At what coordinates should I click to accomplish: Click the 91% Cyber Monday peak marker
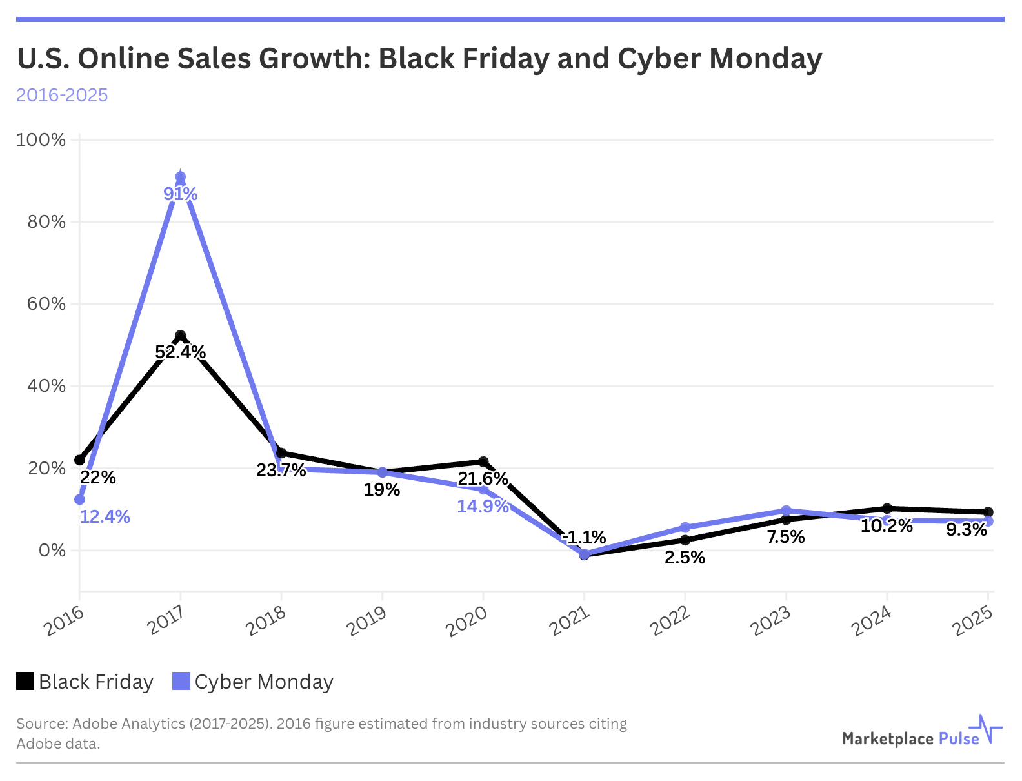tap(181, 177)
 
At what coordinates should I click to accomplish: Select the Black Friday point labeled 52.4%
tap(181, 335)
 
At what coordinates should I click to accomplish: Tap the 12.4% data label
tap(105, 516)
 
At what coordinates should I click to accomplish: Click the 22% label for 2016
tap(98, 478)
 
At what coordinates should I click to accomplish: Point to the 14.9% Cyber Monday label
tap(483, 506)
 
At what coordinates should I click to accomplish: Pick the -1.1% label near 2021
tap(585, 537)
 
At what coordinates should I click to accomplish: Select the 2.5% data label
tap(685, 557)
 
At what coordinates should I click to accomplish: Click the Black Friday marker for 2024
tap(887, 509)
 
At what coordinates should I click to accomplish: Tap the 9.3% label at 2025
tap(967, 530)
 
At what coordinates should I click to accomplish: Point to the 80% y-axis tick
tap(46, 222)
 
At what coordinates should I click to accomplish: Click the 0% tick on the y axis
tap(53, 551)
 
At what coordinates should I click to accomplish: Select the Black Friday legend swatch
tap(25, 681)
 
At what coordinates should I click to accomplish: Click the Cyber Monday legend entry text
tap(264, 682)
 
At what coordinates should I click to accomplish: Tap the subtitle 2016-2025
tap(62, 95)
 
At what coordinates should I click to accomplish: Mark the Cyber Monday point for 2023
tap(786, 511)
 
